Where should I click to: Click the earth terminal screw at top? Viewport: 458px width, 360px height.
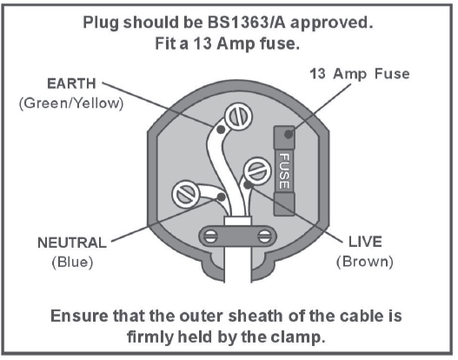coord(236,117)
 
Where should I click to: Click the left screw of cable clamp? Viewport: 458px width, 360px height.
coord(209,236)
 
